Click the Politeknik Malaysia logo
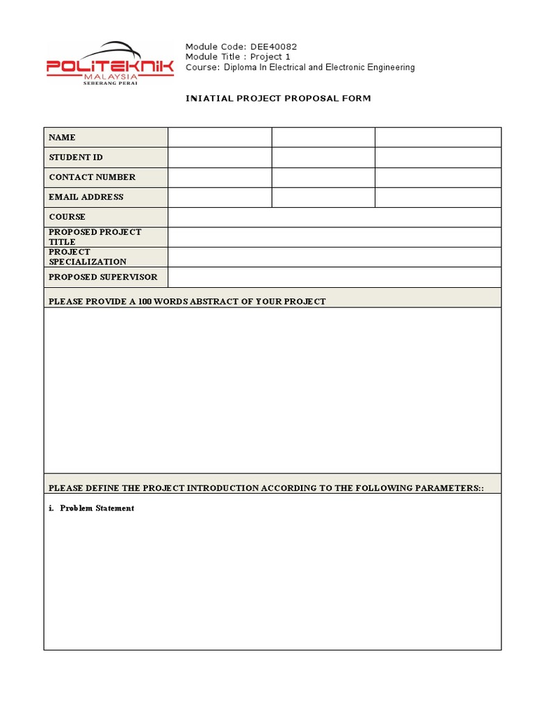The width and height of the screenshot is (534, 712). (110, 64)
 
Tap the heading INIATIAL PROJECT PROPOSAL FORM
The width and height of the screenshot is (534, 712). (278, 98)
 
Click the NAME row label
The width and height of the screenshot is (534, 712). (63, 138)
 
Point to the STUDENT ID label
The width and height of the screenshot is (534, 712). (76, 158)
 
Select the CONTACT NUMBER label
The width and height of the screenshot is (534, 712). (92, 177)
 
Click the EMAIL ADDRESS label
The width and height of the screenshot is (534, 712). (86, 197)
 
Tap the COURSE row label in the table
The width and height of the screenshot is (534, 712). (67, 217)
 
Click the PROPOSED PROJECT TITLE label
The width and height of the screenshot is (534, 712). (95, 237)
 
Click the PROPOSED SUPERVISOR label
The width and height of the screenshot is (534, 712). (103, 277)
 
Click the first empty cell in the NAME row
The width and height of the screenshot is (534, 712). (220, 138)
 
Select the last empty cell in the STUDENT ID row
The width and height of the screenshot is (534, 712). (438, 158)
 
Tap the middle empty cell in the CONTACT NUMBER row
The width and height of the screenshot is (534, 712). (323, 177)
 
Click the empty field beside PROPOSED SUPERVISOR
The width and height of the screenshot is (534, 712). (334, 277)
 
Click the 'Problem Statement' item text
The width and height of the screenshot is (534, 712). (97, 508)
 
